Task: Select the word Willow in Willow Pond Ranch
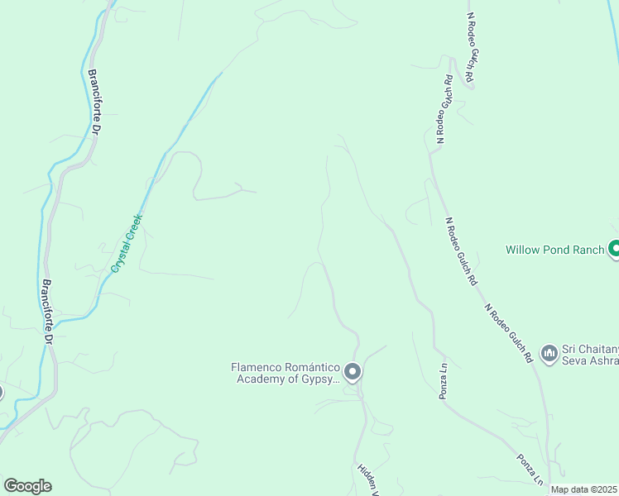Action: coord(523,249)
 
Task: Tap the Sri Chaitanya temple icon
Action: coord(549,354)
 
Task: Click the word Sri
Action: coord(570,348)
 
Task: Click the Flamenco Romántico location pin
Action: coord(353,372)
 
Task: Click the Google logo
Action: coord(27,486)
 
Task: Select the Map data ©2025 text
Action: coord(584,489)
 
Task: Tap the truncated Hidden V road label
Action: coord(367,479)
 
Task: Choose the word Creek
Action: coord(135,226)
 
